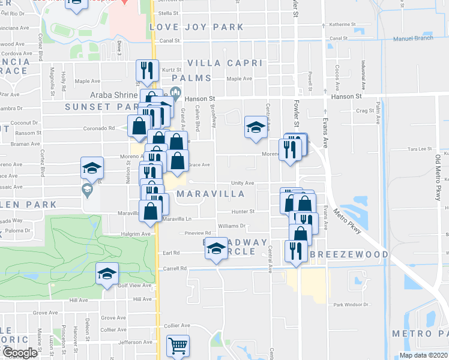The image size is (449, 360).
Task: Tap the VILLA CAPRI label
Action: pos(225,63)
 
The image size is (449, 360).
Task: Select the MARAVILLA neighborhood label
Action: pos(211,194)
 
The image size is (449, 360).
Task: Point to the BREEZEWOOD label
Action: pos(349,254)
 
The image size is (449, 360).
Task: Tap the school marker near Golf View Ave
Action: pos(107,275)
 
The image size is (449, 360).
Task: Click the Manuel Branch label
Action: pos(413,38)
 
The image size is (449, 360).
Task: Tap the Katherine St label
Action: pos(341,25)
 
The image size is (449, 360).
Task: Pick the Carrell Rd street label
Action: pos(175,269)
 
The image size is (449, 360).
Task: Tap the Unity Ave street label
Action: pos(244,184)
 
